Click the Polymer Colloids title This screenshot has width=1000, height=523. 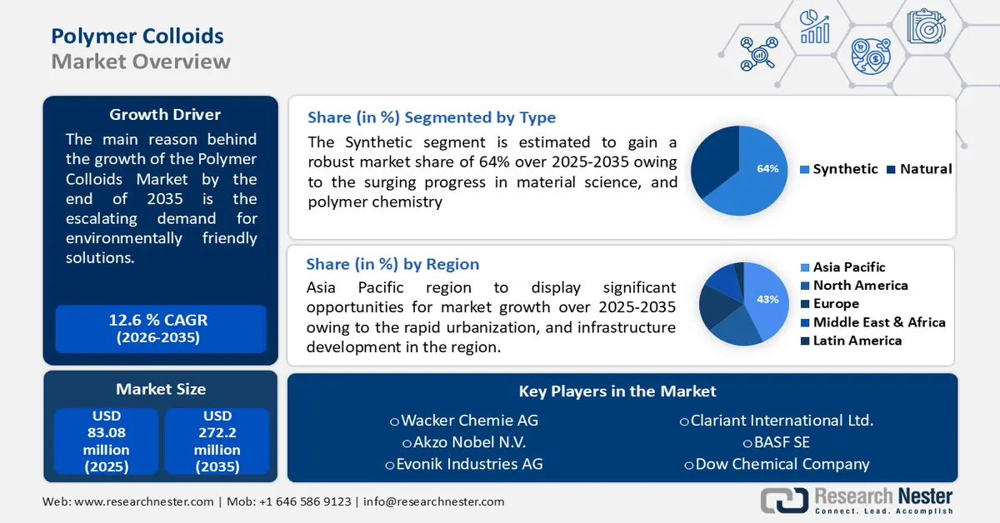pyautogui.click(x=137, y=36)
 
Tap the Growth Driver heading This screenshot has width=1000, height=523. pyautogui.click(x=165, y=114)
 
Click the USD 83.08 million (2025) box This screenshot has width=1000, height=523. pyautogui.click(x=107, y=441)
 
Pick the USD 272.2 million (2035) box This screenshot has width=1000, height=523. pyautogui.click(x=217, y=441)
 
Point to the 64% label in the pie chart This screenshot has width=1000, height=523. pyautogui.click(x=767, y=169)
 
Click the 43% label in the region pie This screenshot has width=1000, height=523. pyautogui.click(x=767, y=300)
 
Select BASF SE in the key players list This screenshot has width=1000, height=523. pyautogui.click(x=777, y=442)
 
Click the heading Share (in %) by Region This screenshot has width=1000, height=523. pyautogui.click(x=392, y=264)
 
